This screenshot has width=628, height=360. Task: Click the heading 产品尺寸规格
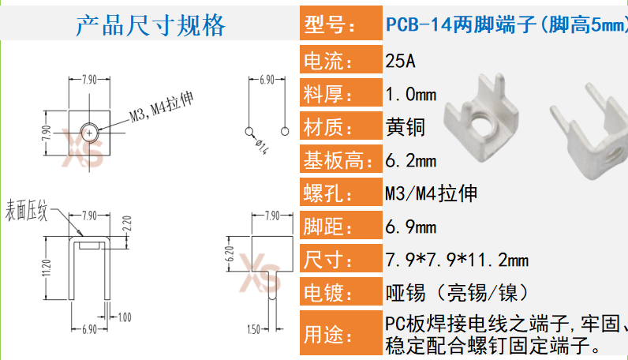[150, 25]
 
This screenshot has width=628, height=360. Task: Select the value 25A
[400, 61]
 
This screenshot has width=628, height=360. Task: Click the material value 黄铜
[405, 126]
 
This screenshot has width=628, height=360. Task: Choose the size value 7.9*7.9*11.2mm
[457, 260]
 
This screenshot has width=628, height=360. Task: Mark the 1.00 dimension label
[125, 317]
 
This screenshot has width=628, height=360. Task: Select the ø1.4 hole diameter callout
[262, 147]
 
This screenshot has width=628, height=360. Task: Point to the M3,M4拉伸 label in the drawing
[161, 111]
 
